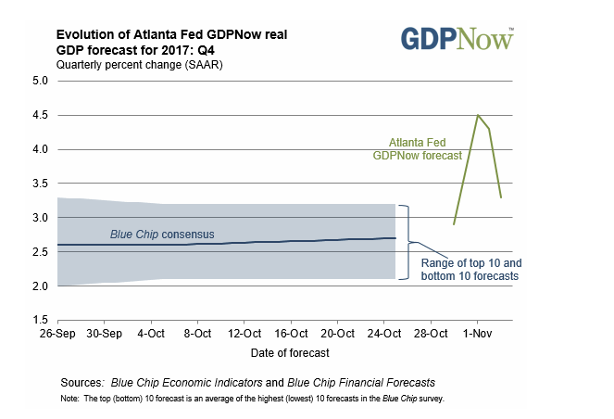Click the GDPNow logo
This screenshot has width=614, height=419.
pos(457,39)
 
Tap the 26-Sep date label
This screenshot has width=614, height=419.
pos(58,332)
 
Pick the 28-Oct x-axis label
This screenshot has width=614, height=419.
pos(431,332)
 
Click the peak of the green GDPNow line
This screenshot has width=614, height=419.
pos(477,115)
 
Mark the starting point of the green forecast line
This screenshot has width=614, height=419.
pos(454,224)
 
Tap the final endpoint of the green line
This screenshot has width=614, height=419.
pos(501,197)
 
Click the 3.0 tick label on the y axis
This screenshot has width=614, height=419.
pos(40,217)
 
